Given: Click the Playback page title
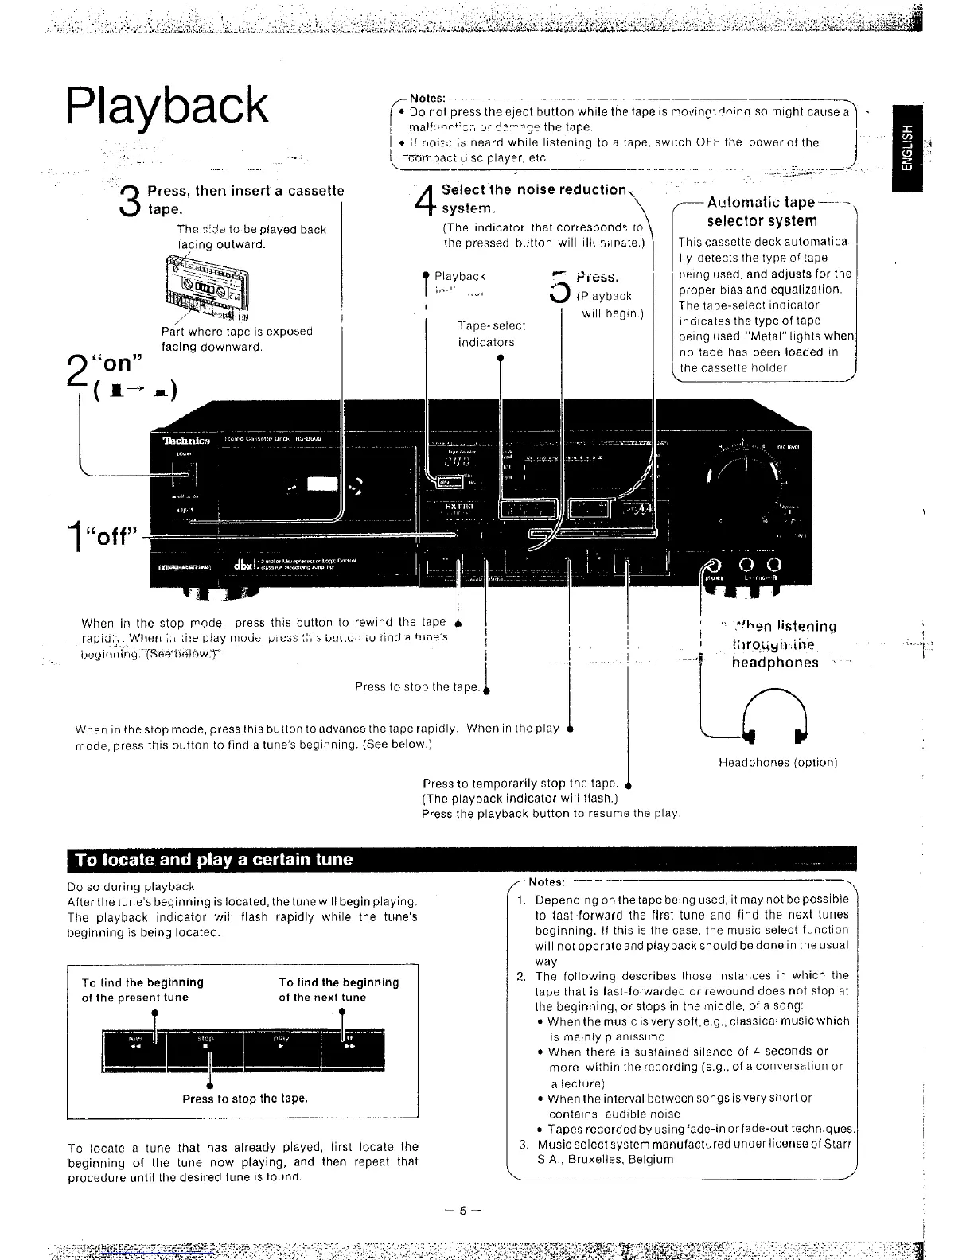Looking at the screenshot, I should tap(168, 106).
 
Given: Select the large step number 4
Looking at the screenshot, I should tap(426, 200).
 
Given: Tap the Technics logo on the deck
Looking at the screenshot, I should tap(185, 441).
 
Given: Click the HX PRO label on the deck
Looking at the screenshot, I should tap(458, 506).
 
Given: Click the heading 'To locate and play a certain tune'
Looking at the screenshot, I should tap(213, 860).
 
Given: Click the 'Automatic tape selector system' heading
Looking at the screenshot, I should tap(762, 212).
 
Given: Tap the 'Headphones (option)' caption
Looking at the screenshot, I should tap(777, 763).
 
